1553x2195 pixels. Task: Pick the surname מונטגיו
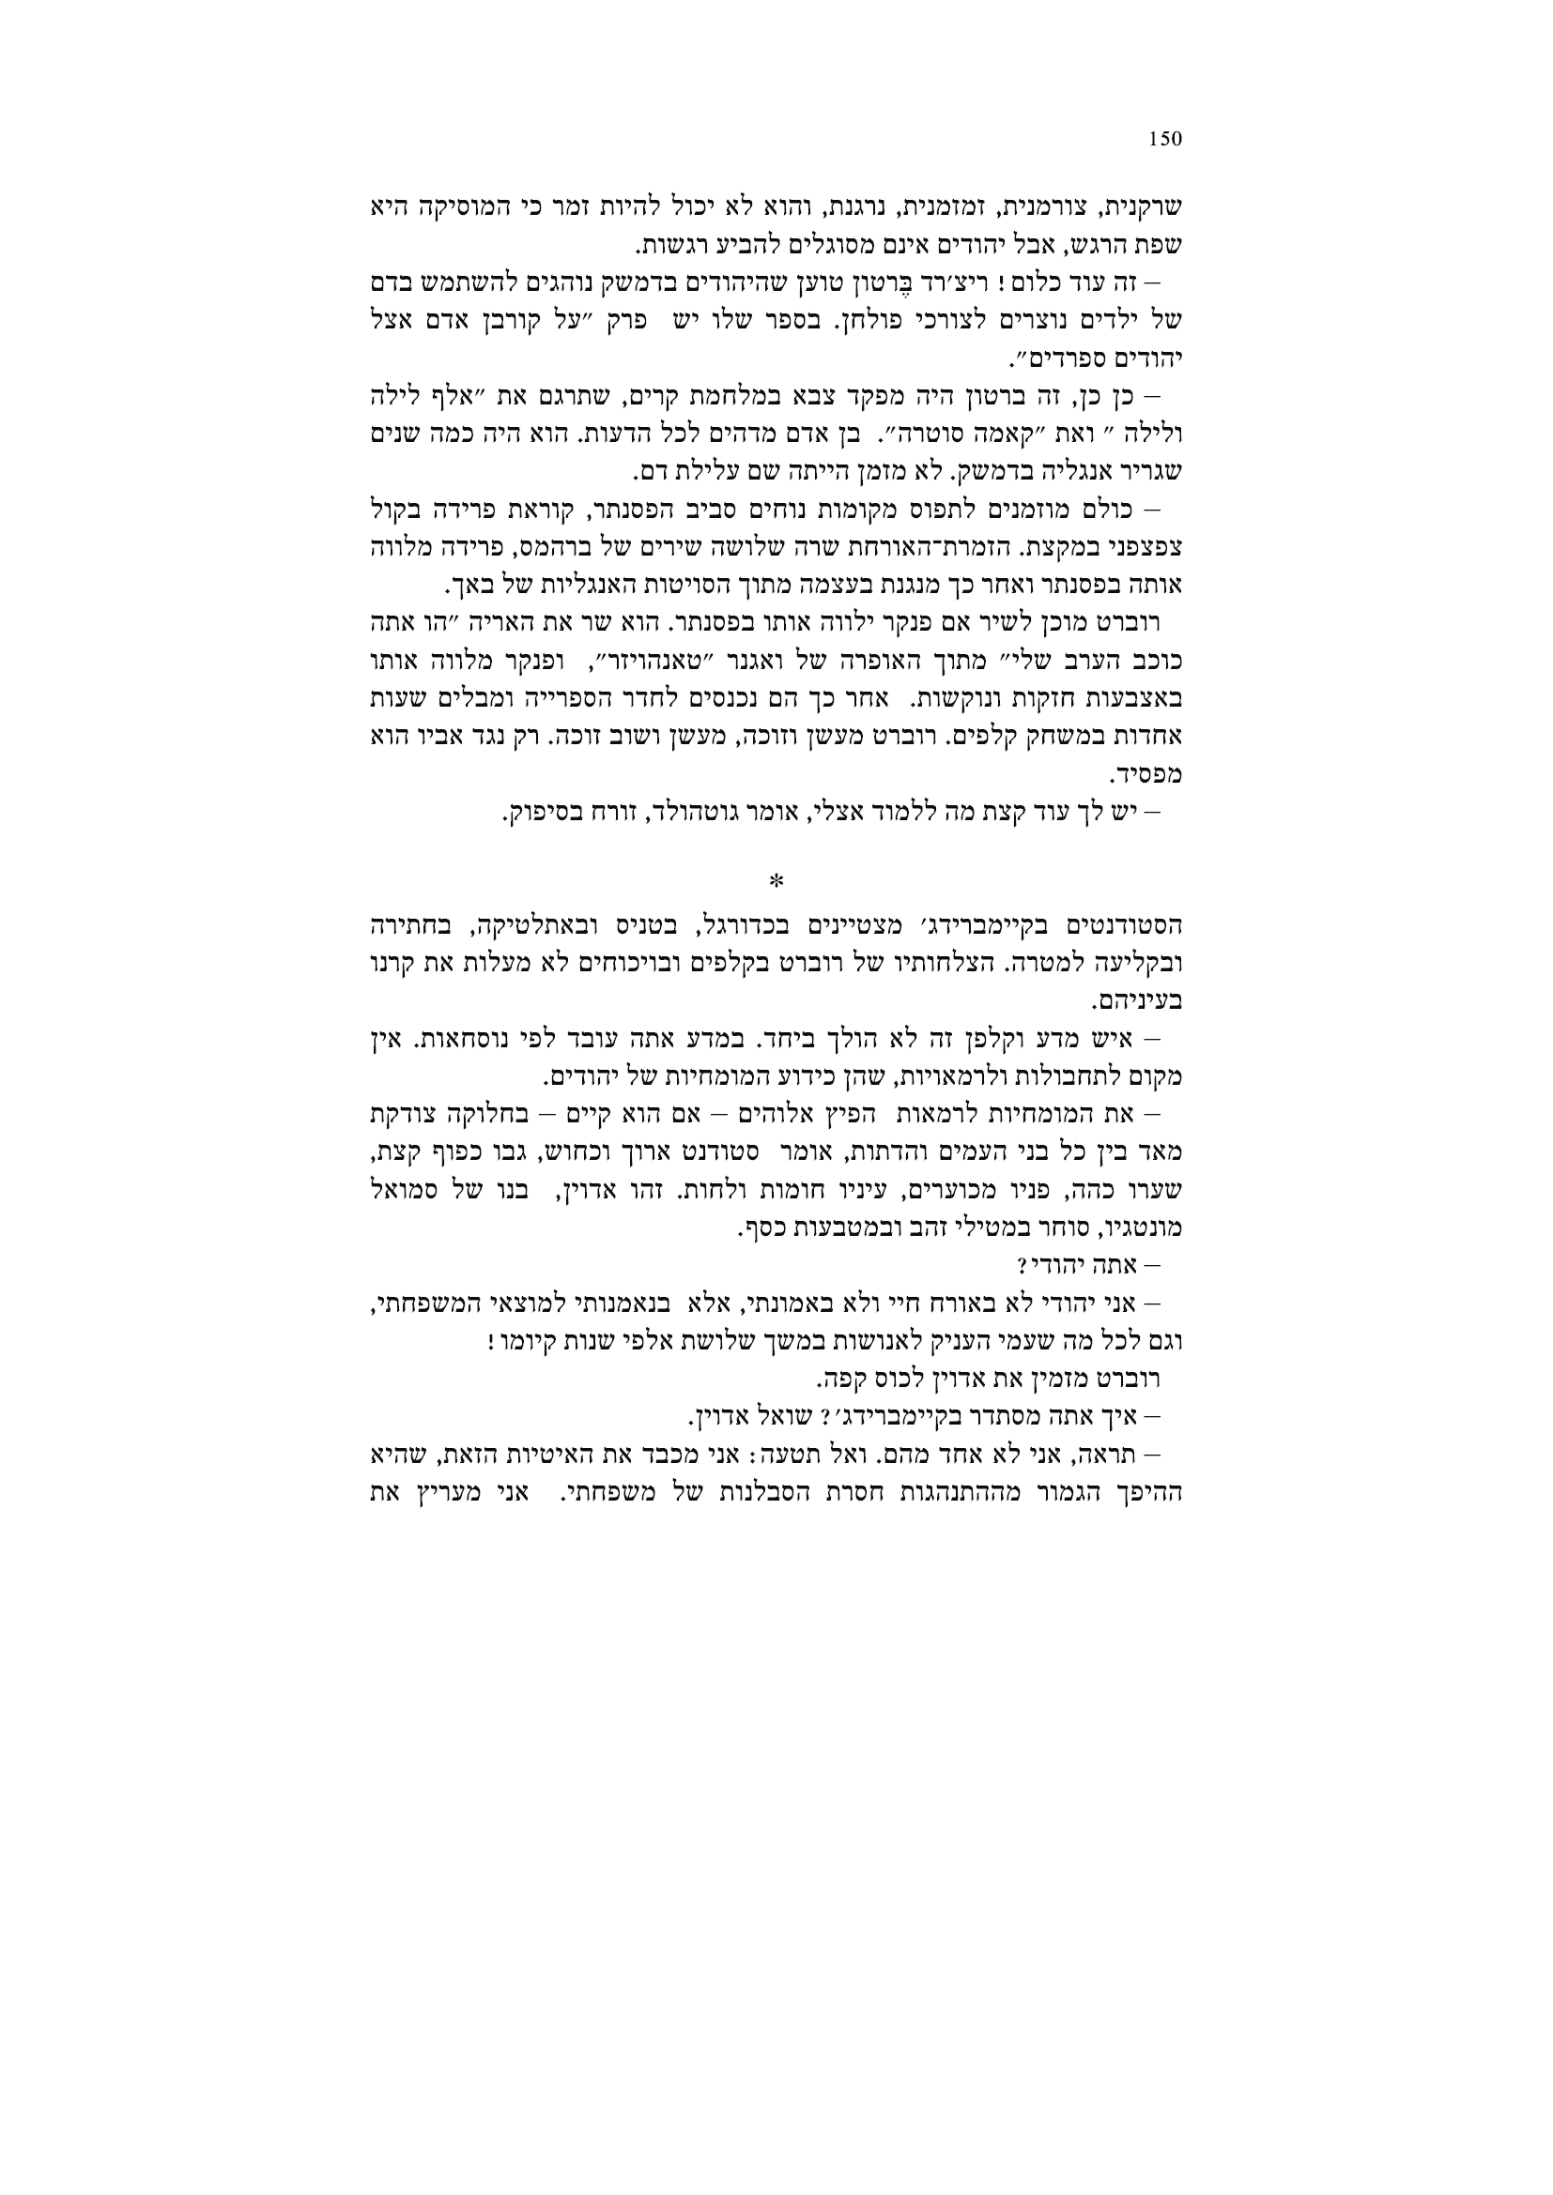click(1144, 1227)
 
